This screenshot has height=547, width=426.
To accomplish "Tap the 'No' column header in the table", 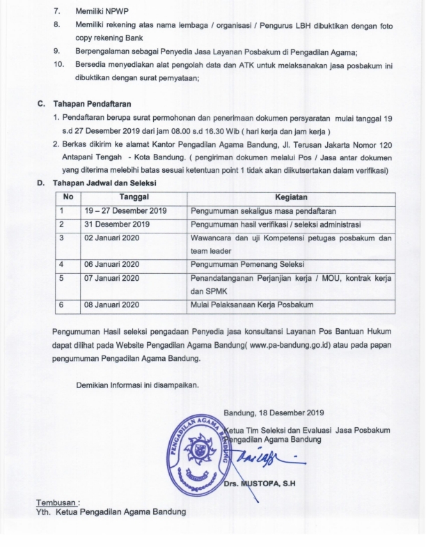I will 68,198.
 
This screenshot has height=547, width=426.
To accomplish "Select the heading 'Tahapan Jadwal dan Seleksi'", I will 104,183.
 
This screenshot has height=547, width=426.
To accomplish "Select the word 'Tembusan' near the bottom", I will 57,502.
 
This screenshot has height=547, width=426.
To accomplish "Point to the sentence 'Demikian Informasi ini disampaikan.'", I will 137,385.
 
